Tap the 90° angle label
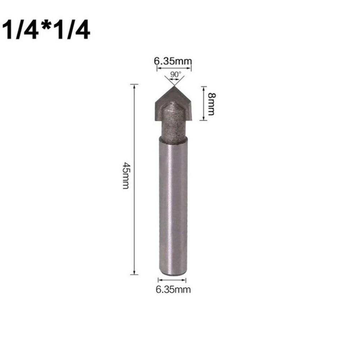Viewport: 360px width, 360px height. tap(176, 74)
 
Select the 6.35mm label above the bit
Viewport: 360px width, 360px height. tap(173, 61)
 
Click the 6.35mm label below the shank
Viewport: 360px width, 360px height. tap(173, 290)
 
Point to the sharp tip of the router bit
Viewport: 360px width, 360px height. tap(173, 86)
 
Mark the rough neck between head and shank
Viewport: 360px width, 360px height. tap(173, 124)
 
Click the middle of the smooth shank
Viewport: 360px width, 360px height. tap(173, 205)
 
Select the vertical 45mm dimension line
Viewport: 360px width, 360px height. tap(134, 216)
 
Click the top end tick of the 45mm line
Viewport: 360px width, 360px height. tap(134, 85)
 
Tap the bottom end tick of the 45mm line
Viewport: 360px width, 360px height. tap(134, 274)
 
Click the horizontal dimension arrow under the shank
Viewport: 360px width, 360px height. tap(173, 279)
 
